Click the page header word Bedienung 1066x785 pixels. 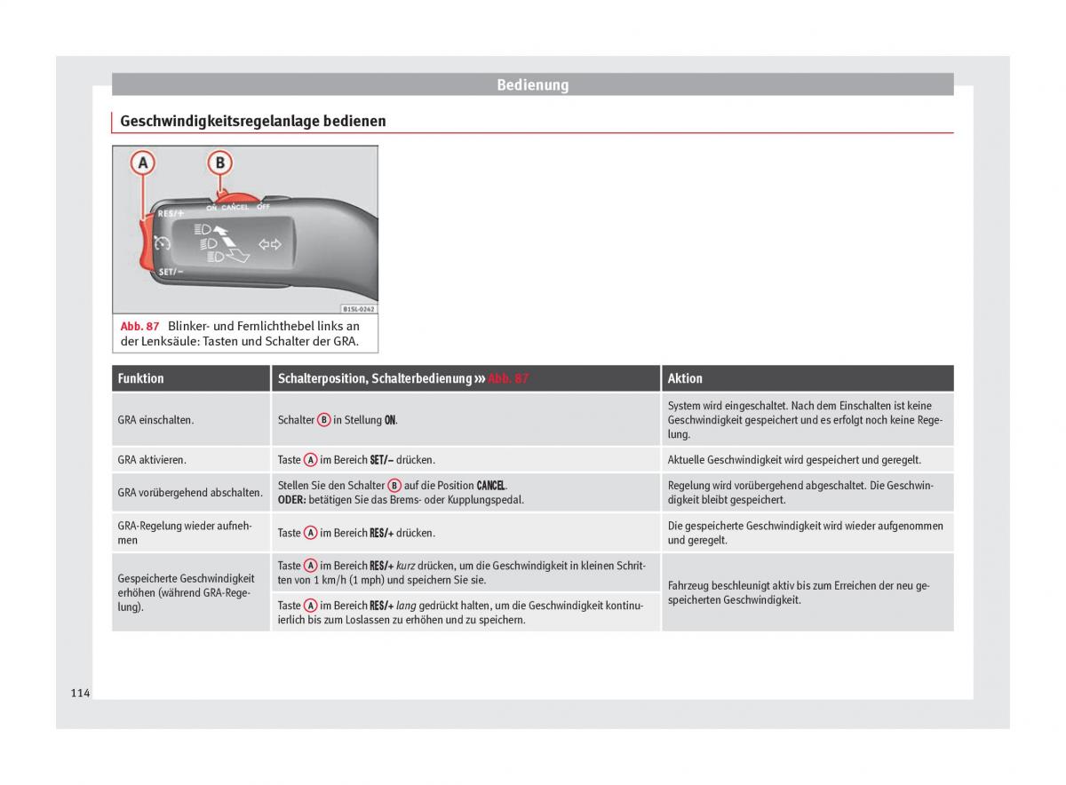pyautogui.click(x=532, y=85)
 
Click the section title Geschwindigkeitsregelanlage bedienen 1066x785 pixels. pyautogui.click(x=252, y=121)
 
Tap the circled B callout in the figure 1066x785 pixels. pyautogui.click(x=219, y=163)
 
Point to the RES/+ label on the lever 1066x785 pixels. pyautogui.click(x=171, y=214)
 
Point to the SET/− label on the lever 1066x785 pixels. pyautogui.click(x=171, y=272)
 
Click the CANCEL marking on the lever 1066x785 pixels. pyautogui.click(x=235, y=208)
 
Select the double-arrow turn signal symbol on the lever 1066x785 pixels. pyautogui.click(x=269, y=244)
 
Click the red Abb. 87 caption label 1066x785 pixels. pyautogui.click(x=139, y=327)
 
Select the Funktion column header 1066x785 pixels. pyautogui.click(x=141, y=378)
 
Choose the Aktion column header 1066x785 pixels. pyautogui.click(x=685, y=378)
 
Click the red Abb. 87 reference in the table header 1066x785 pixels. pyautogui.click(x=508, y=378)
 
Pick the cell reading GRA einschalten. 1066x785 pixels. pyautogui.click(x=155, y=420)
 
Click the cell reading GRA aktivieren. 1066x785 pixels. pyautogui.click(x=152, y=460)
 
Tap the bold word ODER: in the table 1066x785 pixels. pyautogui.click(x=291, y=500)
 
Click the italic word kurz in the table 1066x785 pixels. pyautogui.click(x=406, y=566)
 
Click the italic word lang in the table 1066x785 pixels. pyautogui.click(x=406, y=606)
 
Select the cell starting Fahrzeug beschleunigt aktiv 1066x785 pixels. pyautogui.click(x=798, y=592)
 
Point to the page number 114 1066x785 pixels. pyautogui.click(x=80, y=693)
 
